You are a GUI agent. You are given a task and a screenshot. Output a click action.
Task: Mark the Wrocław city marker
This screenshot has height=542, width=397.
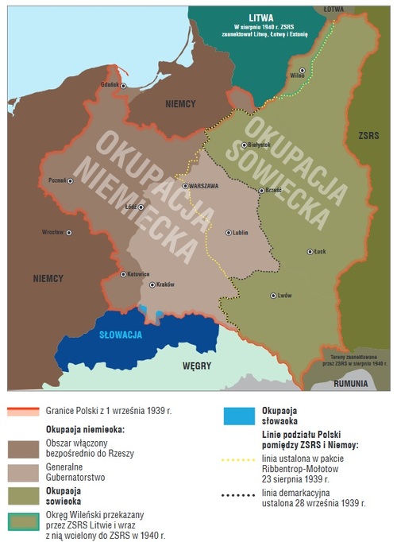(x=69, y=233)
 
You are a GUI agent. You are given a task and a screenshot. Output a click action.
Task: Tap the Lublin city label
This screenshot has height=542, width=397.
(x=243, y=233)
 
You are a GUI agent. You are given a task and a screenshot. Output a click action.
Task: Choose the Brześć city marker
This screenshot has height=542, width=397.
(x=262, y=190)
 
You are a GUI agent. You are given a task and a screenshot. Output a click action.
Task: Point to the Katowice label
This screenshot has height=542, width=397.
(x=137, y=274)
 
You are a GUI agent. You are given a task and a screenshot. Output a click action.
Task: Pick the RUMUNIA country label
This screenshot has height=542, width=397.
(x=350, y=383)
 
